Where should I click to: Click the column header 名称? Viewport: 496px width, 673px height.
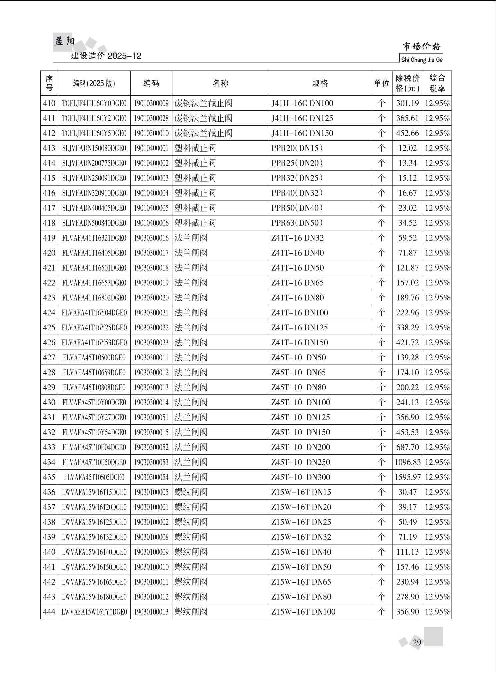pos(220,83)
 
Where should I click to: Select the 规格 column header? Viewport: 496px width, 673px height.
pos(320,83)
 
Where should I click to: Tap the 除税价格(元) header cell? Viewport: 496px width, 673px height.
pos(407,83)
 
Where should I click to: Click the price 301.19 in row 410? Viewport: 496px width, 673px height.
pos(407,103)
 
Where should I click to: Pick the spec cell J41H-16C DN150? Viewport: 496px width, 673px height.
pos(302,133)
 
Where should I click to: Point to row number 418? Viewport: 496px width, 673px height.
pos(49,223)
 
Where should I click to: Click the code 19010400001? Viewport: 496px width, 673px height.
pos(151,148)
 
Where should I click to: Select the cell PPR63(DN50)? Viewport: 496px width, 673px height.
pos(297,223)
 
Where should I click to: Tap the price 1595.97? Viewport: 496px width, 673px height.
pos(407,477)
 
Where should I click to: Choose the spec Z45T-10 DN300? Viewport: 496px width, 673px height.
pos(300,477)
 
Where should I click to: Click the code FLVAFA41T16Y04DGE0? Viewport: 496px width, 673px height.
pos(94,313)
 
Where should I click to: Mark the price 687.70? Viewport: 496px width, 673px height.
pos(407,447)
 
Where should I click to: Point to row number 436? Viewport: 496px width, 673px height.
pos(49,492)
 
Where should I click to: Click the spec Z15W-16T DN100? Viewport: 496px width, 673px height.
pos(303,612)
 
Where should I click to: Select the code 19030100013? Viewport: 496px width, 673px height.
pos(151,612)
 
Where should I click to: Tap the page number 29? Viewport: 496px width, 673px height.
pos(417,642)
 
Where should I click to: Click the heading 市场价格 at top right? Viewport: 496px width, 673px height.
pos(421,46)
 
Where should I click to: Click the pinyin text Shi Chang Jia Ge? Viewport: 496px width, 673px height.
pos(422,60)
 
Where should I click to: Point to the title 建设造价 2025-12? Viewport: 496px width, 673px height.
pos(106,56)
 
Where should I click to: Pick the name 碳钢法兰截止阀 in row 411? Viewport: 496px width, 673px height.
pos(203,118)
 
